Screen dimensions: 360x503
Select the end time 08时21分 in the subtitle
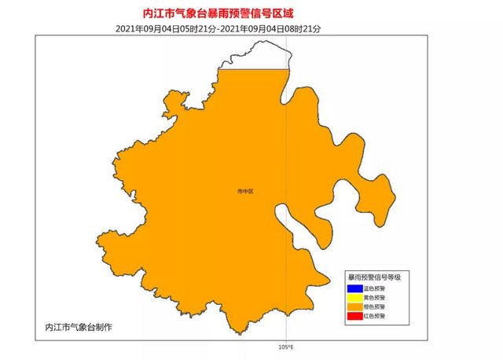tap(302, 28)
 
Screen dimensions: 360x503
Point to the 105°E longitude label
tap(285, 346)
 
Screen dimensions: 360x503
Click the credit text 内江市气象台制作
tap(79, 326)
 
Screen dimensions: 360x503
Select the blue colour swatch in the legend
tap(354, 288)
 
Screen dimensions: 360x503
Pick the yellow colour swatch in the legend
tap(354, 298)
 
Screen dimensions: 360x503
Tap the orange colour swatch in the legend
tap(354, 307)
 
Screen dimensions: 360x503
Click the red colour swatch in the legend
tap(354, 316)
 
